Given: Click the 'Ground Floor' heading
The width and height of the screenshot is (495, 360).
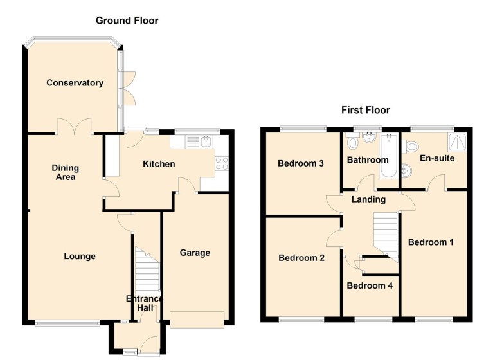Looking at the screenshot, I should (x=127, y=21).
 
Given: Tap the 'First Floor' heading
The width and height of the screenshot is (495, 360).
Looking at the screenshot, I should (x=365, y=110).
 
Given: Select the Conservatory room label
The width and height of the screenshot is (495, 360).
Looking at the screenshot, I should (x=75, y=83).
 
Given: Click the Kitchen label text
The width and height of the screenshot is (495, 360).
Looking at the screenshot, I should (x=158, y=164).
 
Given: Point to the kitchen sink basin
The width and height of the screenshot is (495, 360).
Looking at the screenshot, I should (x=206, y=141).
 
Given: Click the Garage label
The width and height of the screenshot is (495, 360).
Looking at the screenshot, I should (x=195, y=253).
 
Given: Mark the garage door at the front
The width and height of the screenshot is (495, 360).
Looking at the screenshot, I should (x=197, y=318).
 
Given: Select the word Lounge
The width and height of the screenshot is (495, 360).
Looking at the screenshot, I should (x=80, y=256).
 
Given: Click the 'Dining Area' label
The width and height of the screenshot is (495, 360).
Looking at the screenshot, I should (x=64, y=172).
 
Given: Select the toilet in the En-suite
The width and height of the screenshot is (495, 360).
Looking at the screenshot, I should (x=411, y=147).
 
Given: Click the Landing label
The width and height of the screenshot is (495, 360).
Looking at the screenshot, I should (x=368, y=199).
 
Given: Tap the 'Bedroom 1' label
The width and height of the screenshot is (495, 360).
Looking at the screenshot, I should (x=431, y=242).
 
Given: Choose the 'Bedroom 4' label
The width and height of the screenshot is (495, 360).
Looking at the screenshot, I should (x=369, y=285).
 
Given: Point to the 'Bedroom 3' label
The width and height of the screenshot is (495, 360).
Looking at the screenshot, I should (x=300, y=163).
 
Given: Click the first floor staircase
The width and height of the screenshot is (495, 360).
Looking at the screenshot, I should (x=386, y=235).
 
